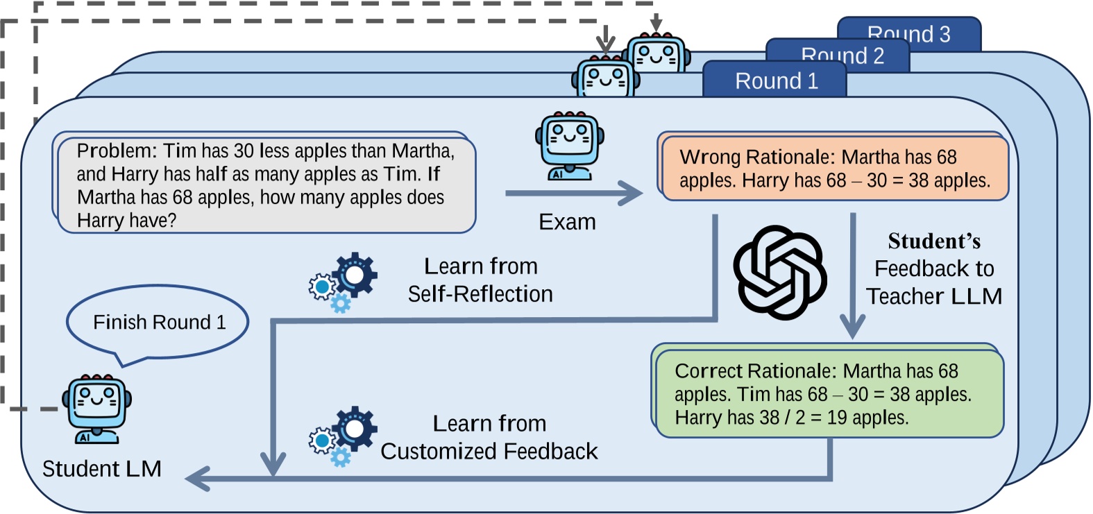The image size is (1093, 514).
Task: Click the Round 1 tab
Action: point(775,80)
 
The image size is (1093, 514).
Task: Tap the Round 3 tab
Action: point(908,34)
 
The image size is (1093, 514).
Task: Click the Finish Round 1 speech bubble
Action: point(158,323)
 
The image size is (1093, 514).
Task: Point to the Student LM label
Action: point(101,469)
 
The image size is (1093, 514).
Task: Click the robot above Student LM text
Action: point(96,409)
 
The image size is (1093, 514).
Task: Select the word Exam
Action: point(567,222)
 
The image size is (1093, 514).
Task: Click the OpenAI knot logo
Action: point(779,273)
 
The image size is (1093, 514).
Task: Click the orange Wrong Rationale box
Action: point(834,169)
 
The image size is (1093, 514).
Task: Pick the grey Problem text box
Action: point(265,185)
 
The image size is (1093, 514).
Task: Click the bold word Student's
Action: point(934,241)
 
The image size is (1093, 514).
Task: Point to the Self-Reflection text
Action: point(480,294)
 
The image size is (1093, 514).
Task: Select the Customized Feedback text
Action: point(489,452)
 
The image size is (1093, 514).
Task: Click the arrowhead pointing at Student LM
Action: point(198,479)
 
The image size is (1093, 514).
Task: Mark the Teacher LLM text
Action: point(934,296)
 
